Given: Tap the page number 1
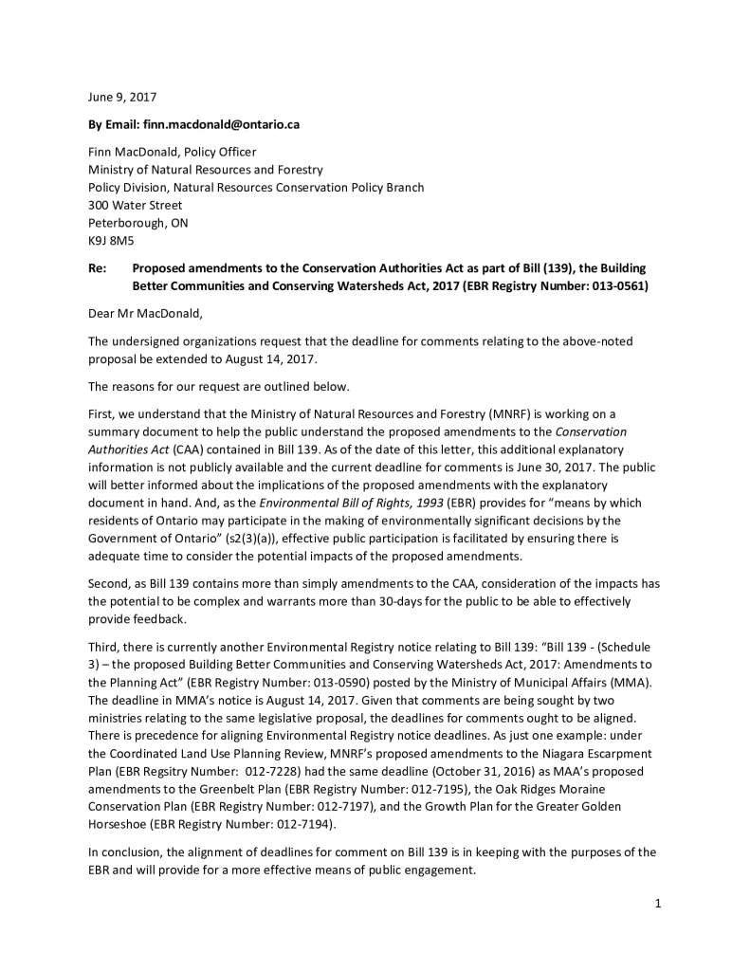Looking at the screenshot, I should (657, 903).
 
